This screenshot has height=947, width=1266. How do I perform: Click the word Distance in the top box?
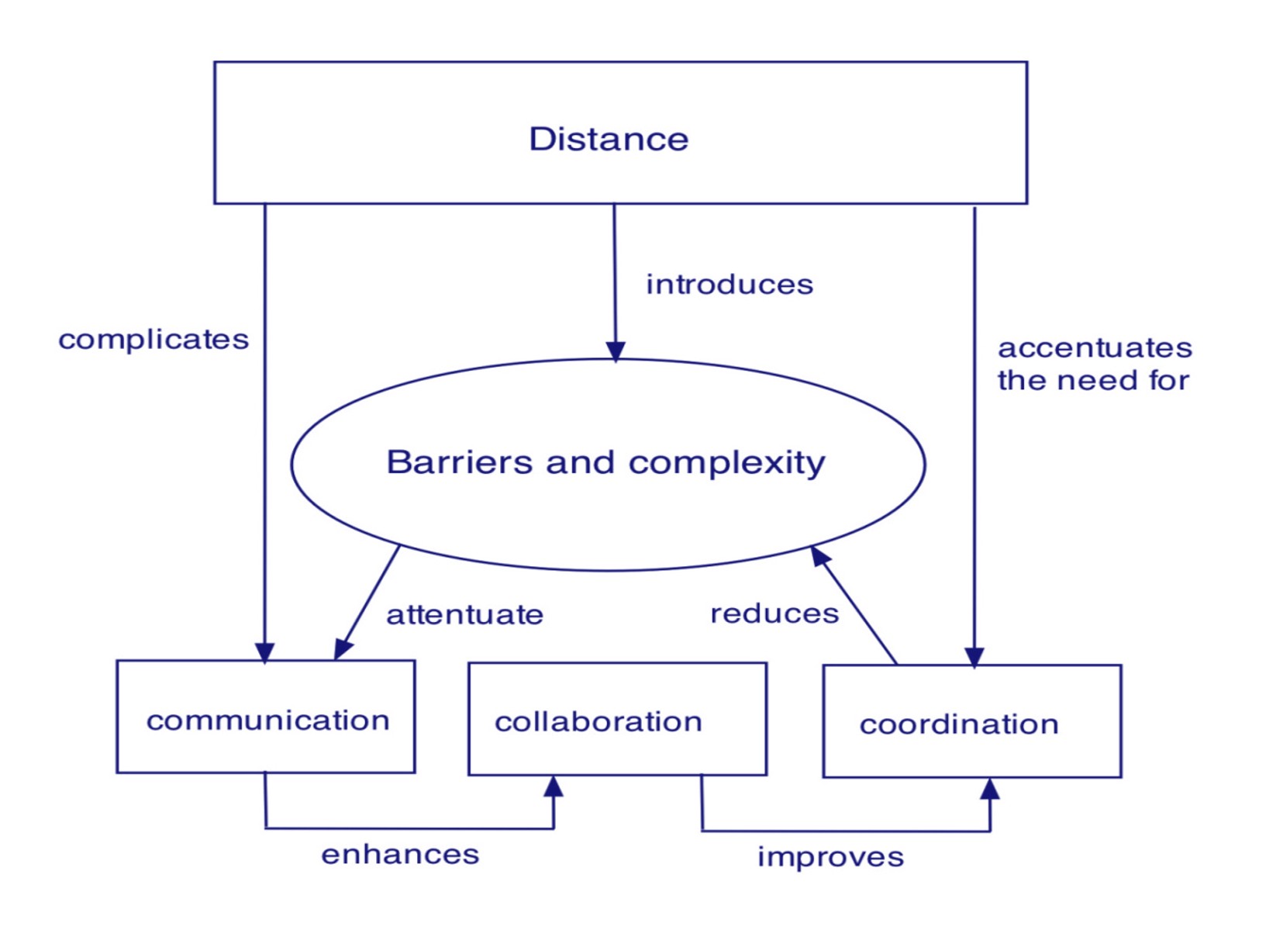tap(609, 140)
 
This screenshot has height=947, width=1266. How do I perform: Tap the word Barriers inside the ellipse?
tap(458, 462)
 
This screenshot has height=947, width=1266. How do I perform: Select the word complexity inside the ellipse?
tap(726, 464)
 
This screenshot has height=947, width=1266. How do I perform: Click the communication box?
tap(266, 717)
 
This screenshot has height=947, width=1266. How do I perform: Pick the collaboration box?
tap(617, 720)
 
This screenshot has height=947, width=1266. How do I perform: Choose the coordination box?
tap(971, 722)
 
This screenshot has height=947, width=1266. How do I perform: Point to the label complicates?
tap(154, 340)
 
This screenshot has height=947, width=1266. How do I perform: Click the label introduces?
tap(730, 285)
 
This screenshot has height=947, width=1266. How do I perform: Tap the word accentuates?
tap(1095, 348)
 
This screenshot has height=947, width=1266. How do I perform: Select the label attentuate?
tap(465, 615)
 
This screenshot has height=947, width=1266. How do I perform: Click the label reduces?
tap(774, 614)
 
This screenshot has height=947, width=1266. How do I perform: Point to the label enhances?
tap(400, 855)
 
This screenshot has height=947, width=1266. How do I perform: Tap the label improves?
tap(830, 857)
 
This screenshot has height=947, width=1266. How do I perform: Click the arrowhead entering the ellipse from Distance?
tap(616, 351)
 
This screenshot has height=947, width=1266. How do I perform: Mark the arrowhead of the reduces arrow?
tap(819, 555)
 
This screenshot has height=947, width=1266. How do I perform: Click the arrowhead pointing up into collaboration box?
tap(554, 786)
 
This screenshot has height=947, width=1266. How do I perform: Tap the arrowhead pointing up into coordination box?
tap(990, 790)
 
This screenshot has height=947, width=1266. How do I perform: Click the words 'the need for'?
tap(1093, 381)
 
